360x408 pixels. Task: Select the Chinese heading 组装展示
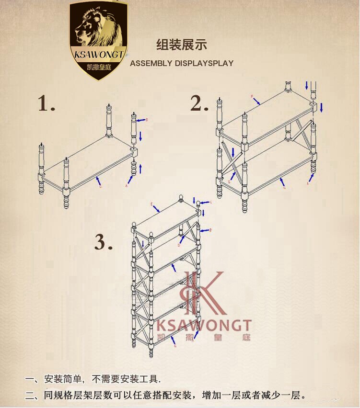point(182,45)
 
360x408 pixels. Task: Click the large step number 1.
point(46,104)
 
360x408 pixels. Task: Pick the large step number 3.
point(103,242)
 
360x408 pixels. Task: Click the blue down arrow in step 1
point(140,136)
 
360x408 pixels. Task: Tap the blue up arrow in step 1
point(140,168)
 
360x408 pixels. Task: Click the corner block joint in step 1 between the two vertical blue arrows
point(134,152)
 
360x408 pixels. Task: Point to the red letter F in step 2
point(252,97)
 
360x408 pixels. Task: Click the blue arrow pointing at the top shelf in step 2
point(257,101)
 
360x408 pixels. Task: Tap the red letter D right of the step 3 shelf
point(210,230)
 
